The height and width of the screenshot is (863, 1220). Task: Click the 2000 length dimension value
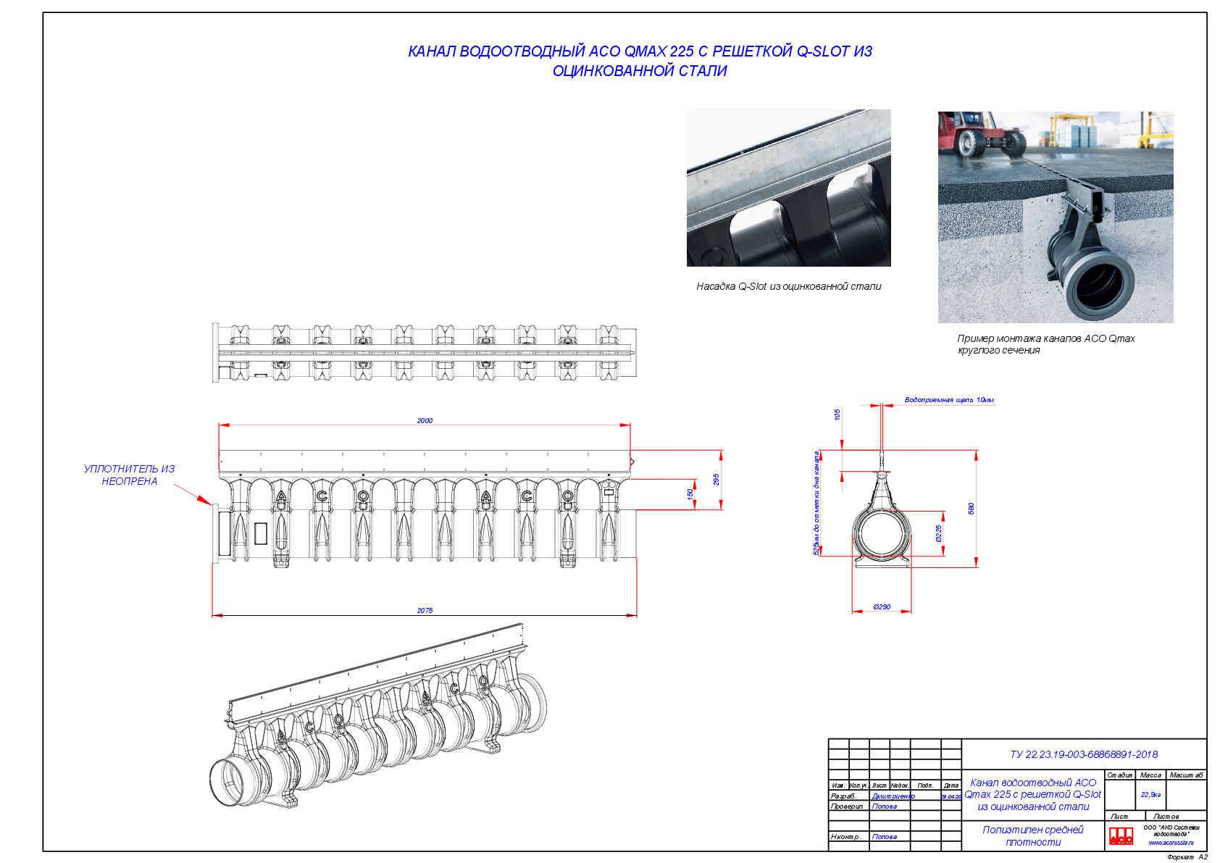(x=425, y=420)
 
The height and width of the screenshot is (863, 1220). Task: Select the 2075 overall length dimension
(x=425, y=610)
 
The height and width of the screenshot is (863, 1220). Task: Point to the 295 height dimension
(x=716, y=479)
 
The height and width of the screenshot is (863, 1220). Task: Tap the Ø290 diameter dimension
(x=882, y=606)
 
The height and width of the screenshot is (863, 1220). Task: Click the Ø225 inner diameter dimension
(x=939, y=533)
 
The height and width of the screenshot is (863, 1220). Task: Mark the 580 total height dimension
(x=972, y=508)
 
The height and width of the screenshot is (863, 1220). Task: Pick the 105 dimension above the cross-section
(x=837, y=414)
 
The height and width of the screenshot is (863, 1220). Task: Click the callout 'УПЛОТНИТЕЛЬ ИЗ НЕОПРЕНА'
(x=129, y=475)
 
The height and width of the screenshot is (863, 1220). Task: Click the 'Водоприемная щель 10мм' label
(x=949, y=399)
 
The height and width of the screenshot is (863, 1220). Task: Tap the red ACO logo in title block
(x=1121, y=835)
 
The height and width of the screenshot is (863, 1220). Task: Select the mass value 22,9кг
(x=1150, y=794)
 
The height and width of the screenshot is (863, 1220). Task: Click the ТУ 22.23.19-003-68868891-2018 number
(x=1084, y=754)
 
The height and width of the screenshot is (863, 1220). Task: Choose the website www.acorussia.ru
(x=1171, y=843)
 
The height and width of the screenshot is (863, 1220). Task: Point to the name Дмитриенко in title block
(x=893, y=796)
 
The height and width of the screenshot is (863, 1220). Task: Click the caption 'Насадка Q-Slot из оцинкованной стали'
(x=788, y=286)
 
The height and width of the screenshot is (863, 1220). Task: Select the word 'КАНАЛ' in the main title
(x=432, y=51)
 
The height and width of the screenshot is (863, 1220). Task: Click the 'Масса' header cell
(x=1150, y=775)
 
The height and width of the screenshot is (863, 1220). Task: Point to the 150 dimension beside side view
(x=690, y=493)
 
